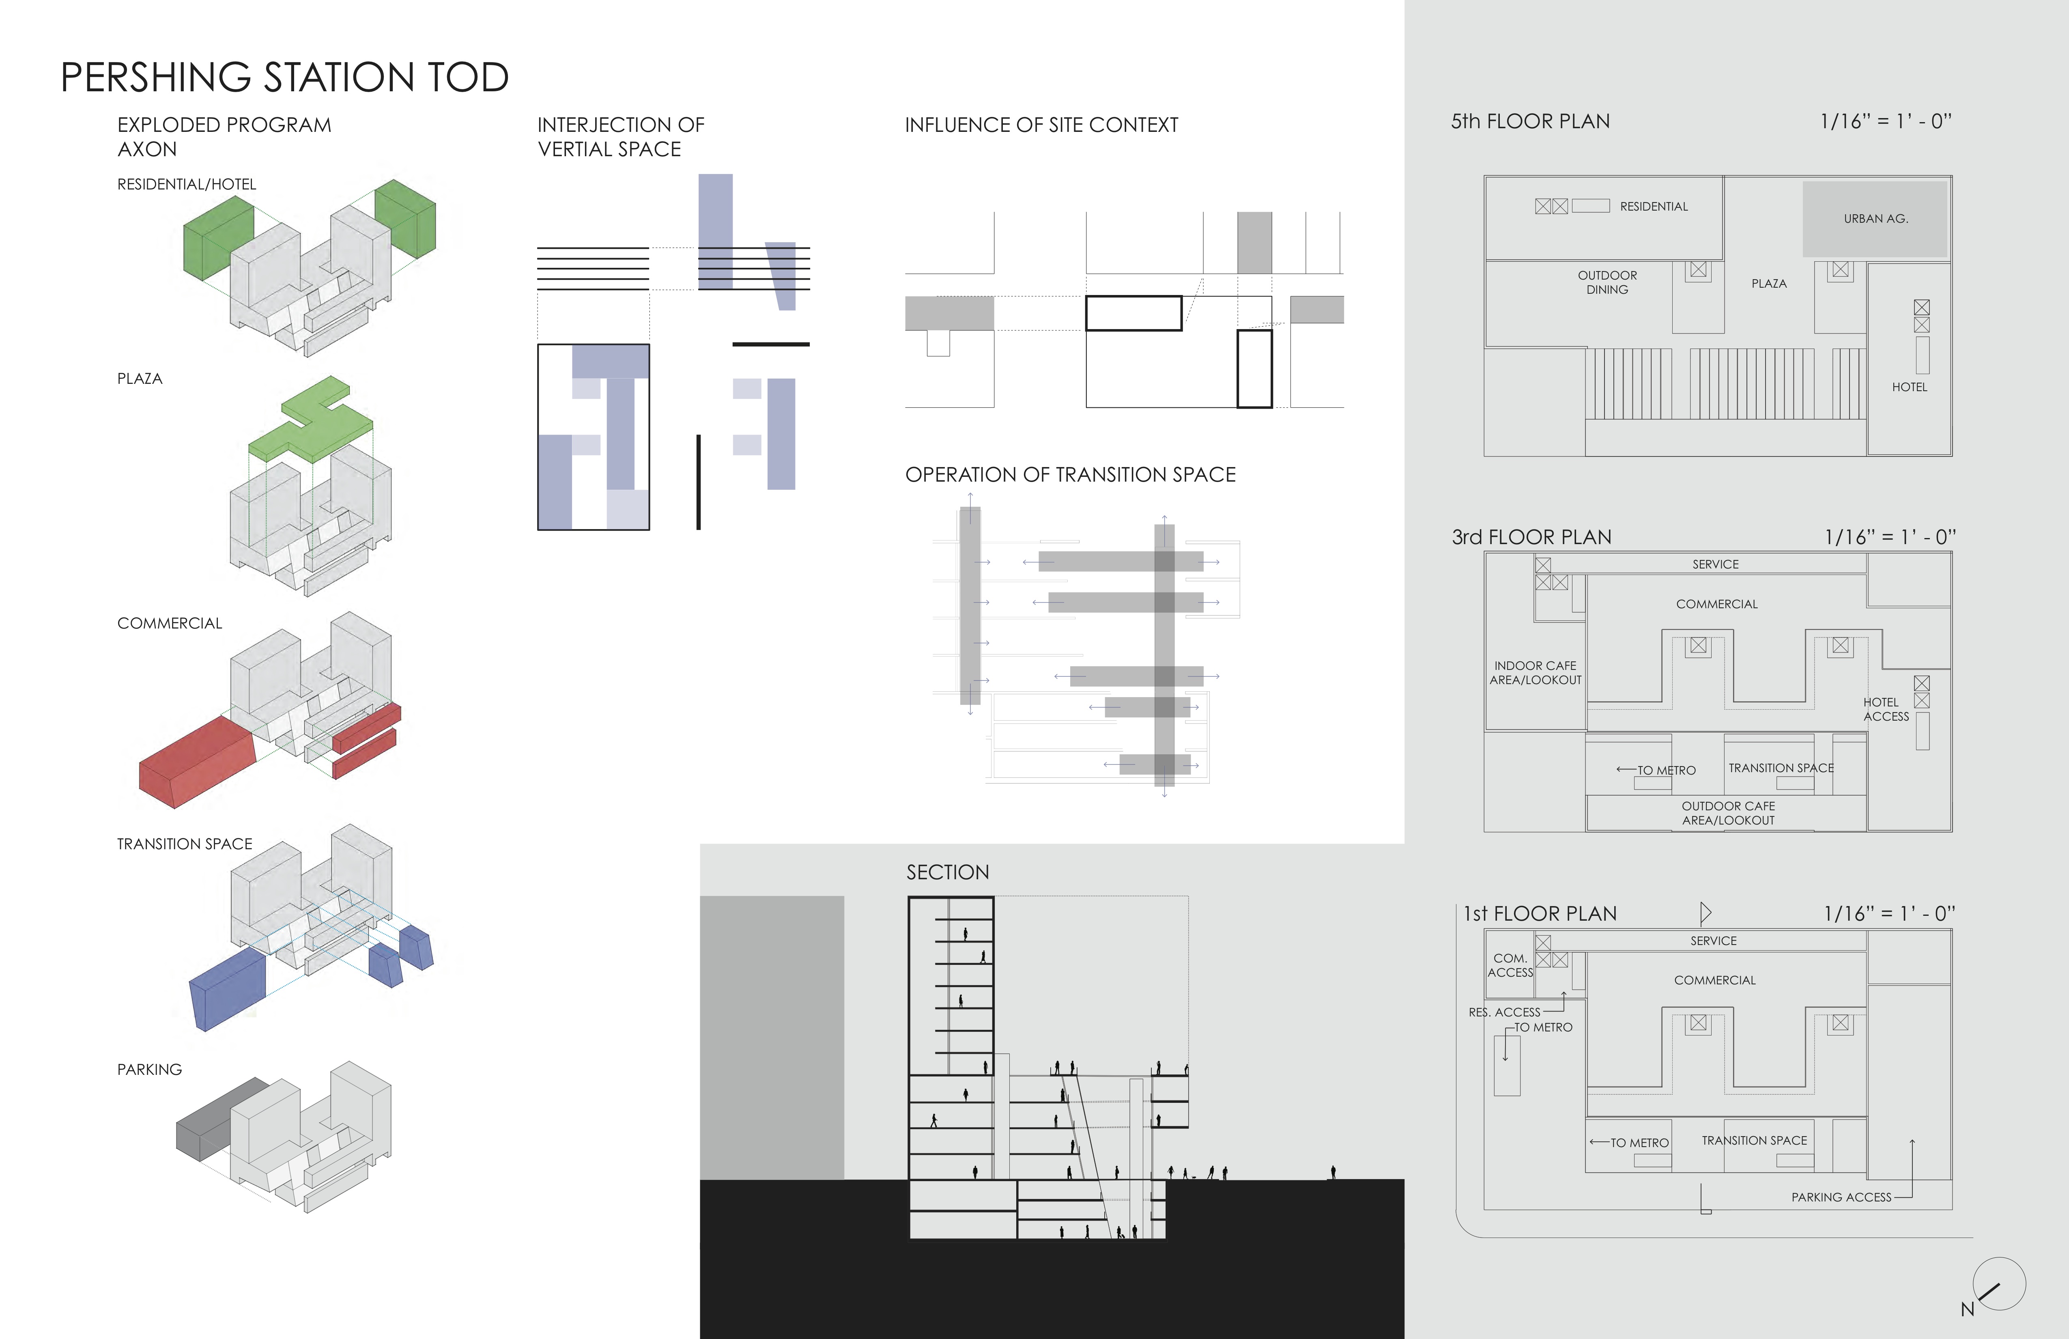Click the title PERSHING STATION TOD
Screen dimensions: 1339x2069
(x=284, y=77)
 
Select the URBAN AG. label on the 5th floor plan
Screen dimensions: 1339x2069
(x=1876, y=218)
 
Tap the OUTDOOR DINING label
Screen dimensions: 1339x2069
(x=1607, y=282)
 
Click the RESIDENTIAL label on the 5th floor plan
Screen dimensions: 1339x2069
(x=1654, y=206)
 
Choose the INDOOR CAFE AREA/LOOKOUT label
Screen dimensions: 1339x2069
(x=1535, y=673)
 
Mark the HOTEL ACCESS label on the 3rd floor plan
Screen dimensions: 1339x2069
(x=1886, y=710)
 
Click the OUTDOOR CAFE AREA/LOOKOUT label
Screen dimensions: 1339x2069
(x=1728, y=813)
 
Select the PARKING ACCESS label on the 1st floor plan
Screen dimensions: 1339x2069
(x=1841, y=1197)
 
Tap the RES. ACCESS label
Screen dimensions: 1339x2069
(x=1504, y=1012)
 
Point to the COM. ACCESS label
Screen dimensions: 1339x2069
(x=1510, y=965)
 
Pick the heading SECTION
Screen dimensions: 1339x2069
(x=948, y=872)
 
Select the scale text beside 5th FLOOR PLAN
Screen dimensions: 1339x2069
(x=1886, y=122)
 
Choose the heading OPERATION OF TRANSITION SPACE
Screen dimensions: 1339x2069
(x=1070, y=475)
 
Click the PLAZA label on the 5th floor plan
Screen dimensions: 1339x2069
(x=1769, y=284)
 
